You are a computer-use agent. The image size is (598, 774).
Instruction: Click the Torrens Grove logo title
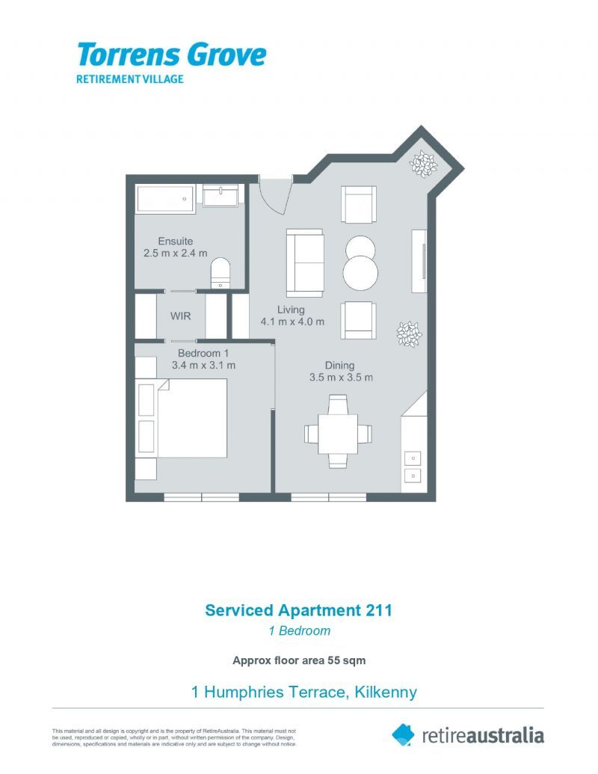click(x=171, y=55)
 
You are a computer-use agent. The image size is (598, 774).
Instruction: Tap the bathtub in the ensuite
click(x=164, y=199)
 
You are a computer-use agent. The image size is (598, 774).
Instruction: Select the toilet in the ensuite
click(x=221, y=272)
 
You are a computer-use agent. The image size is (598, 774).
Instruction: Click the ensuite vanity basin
click(x=221, y=197)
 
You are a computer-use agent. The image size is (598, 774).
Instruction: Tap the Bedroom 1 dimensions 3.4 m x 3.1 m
click(x=203, y=366)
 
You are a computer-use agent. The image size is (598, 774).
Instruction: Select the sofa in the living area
click(x=305, y=263)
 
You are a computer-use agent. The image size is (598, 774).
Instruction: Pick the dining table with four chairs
click(x=339, y=433)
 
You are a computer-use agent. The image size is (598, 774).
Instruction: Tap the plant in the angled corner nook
click(x=424, y=164)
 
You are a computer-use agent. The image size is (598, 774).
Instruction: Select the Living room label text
click(x=291, y=310)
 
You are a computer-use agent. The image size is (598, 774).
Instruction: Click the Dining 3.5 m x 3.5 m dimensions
click(x=341, y=378)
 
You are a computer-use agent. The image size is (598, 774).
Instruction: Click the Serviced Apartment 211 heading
click(x=298, y=610)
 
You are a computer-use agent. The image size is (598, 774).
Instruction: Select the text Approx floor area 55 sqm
click(x=298, y=660)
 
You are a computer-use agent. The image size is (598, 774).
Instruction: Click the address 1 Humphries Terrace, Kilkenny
click(x=303, y=692)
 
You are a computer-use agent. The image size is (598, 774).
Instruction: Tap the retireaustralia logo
click(x=469, y=735)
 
